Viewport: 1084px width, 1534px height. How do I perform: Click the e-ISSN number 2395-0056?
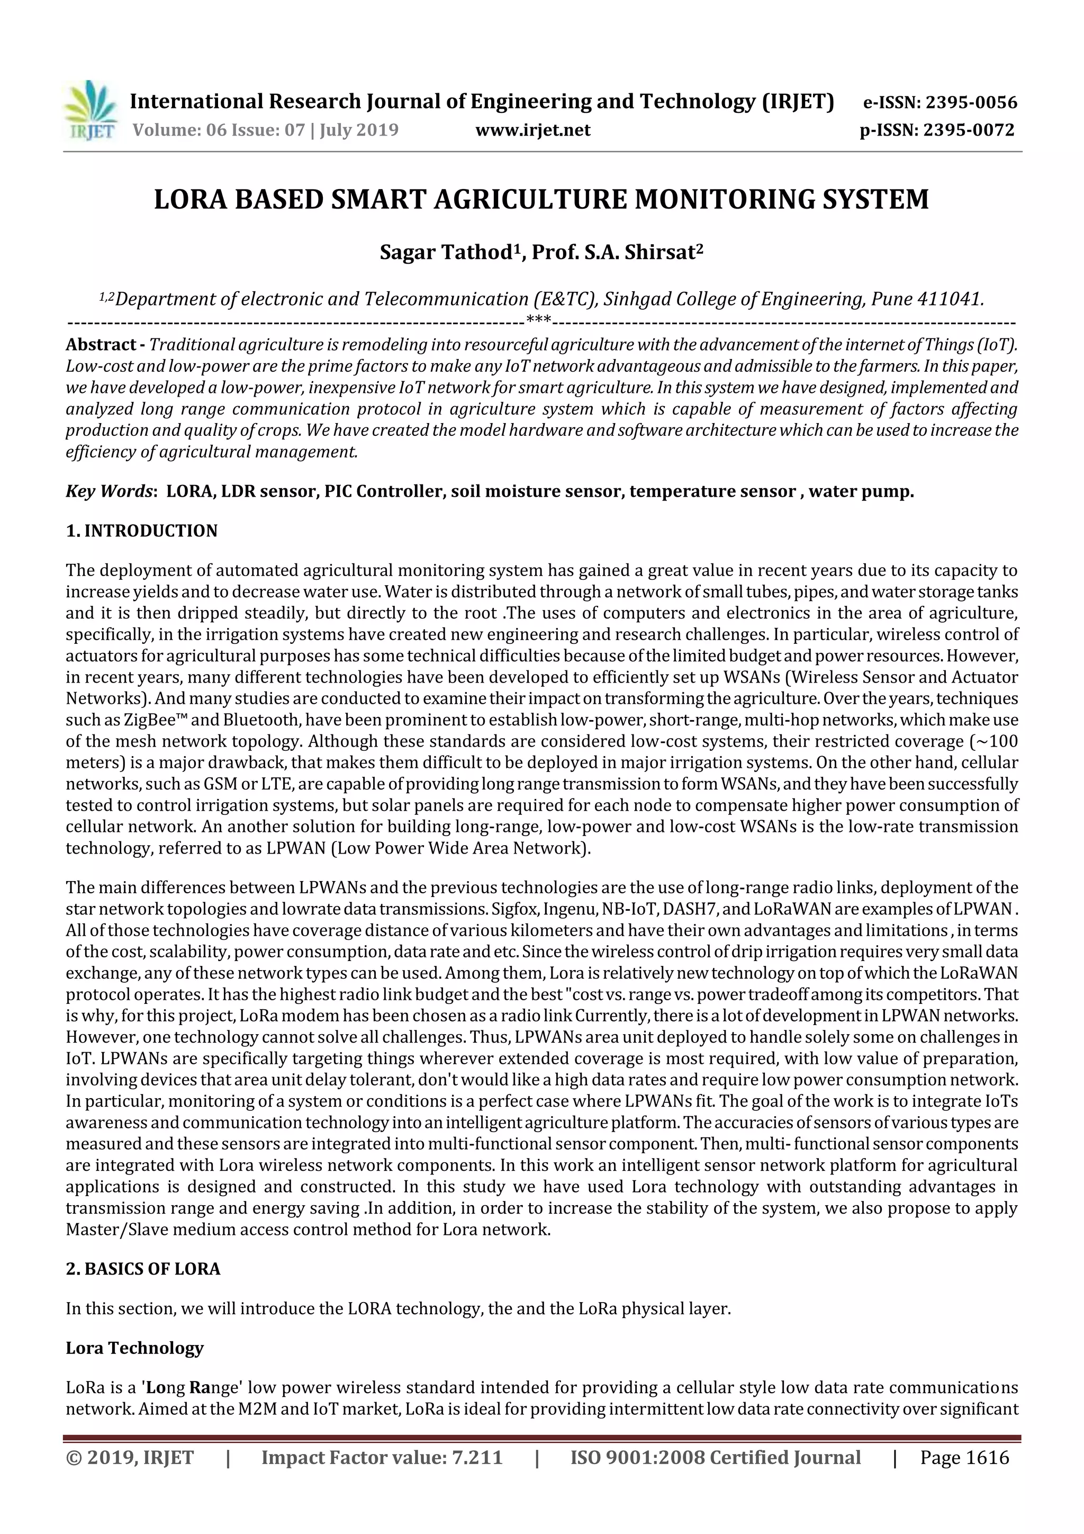click(970, 103)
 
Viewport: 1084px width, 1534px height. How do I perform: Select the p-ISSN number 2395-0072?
click(969, 130)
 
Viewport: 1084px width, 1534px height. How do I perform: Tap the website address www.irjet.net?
click(532, 130)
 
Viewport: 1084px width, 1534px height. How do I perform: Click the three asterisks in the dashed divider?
click(538, 320)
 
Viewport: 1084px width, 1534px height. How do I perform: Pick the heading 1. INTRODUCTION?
click(142, 531)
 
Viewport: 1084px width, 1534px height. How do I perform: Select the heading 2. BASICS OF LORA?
click(143, 1269)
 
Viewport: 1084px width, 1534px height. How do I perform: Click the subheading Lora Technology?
click(134, 1348)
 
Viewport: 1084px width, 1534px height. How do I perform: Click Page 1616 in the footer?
click(964, 1457)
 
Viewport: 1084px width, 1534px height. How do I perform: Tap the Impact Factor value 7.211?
click(477, 1457)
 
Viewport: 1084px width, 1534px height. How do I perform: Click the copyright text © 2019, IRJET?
click(130, 1457)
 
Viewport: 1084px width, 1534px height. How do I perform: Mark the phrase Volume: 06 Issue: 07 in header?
click(219, 130)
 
